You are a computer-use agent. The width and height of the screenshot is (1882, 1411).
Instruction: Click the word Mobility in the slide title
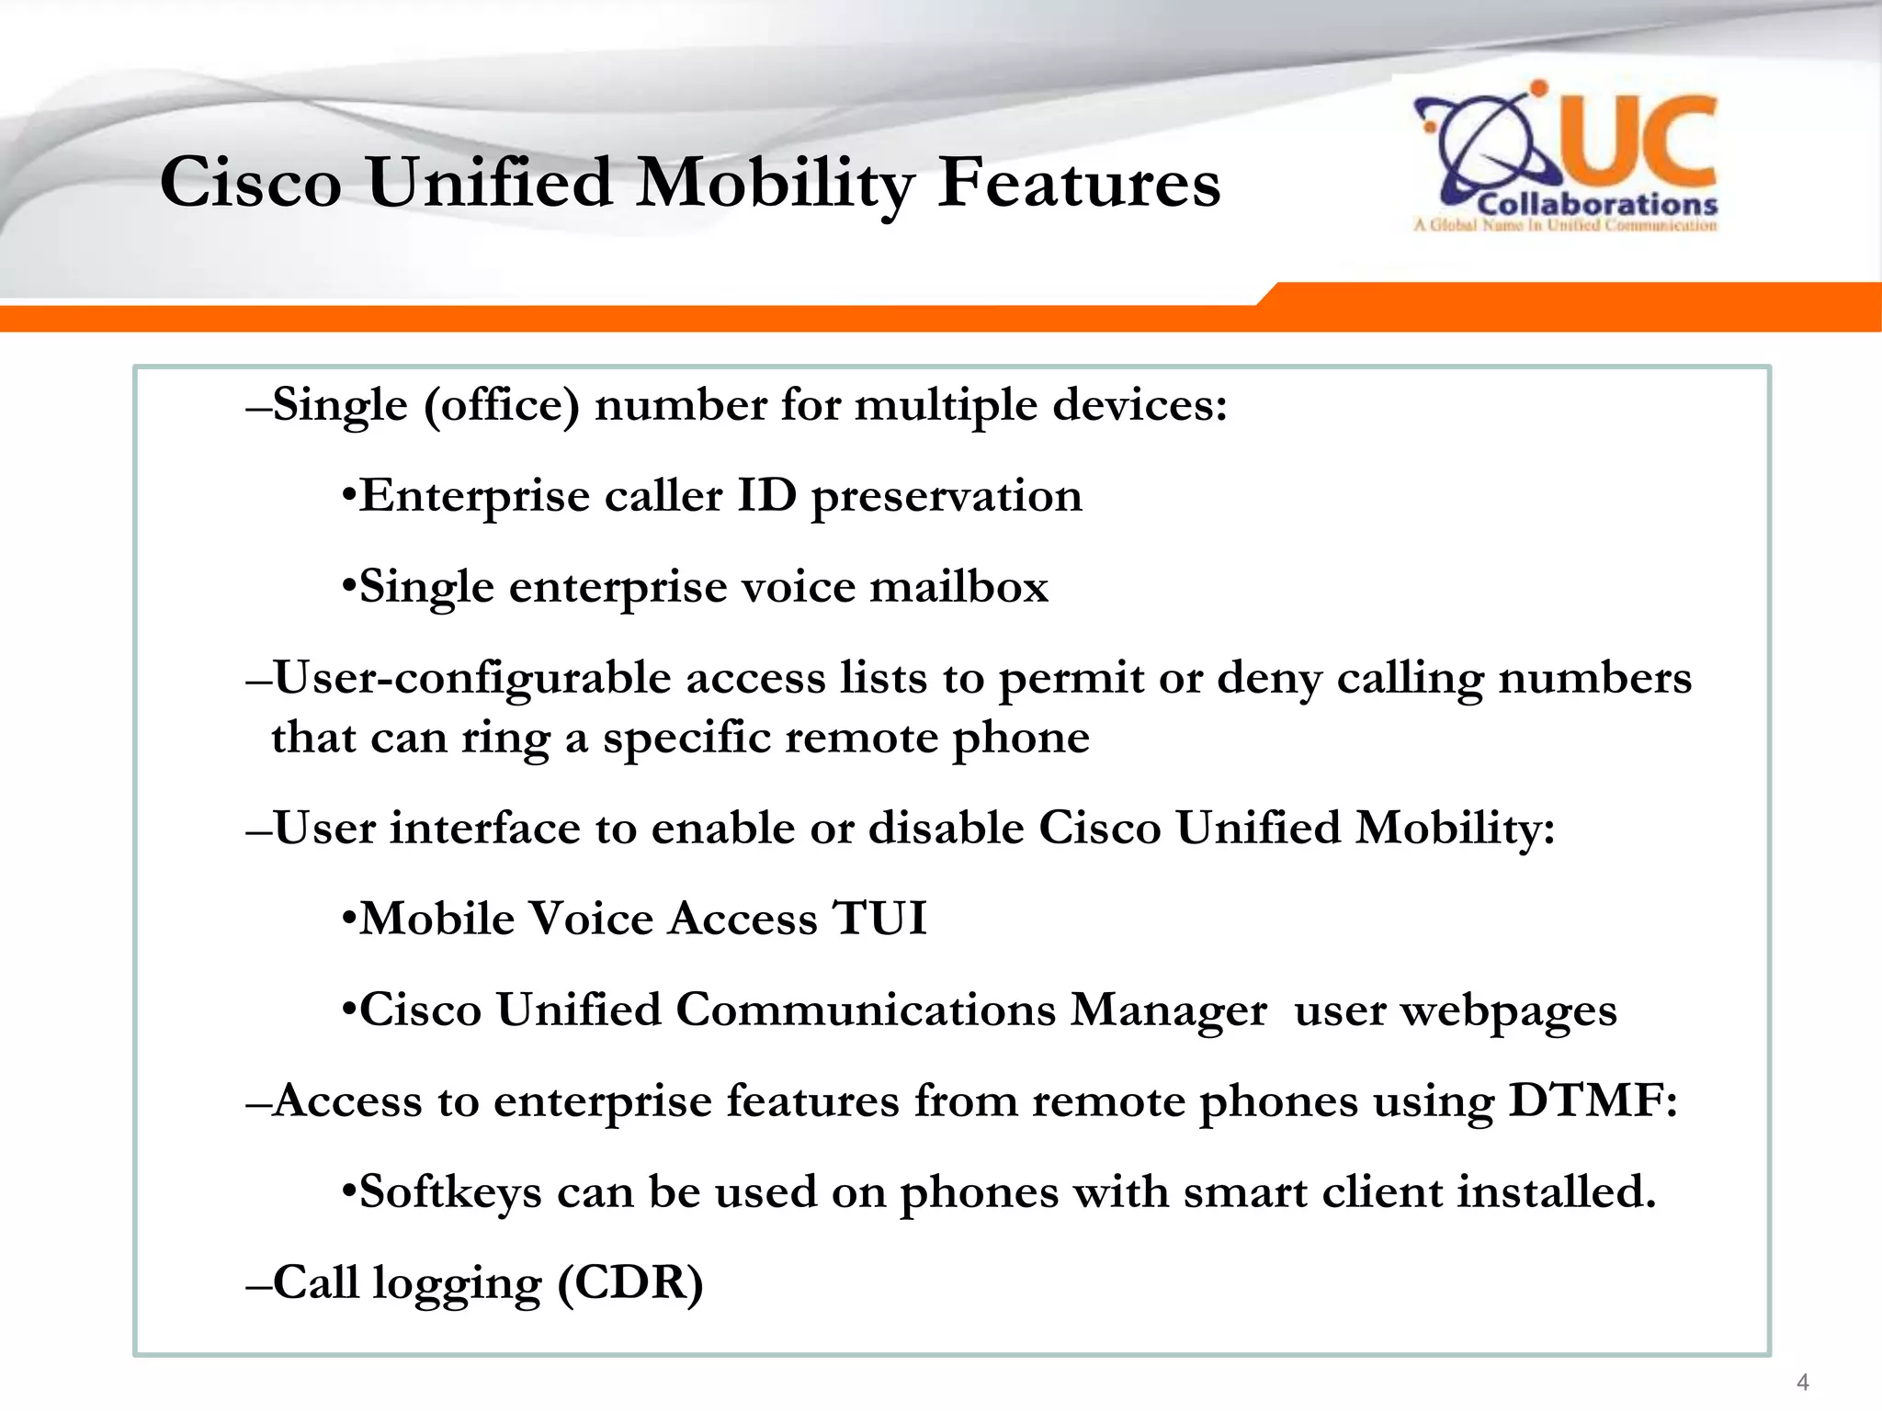coord(775,184)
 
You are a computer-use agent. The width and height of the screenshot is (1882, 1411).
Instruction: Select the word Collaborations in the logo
coord(1597,204)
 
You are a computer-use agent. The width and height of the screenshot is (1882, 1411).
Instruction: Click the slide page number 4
coord(1802,1383)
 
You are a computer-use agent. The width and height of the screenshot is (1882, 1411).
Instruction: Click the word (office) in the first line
coord(502,406)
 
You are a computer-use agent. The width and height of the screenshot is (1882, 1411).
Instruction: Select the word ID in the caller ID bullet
coord(766,496)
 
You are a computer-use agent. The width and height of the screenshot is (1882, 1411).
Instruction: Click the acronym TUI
coord(879,919)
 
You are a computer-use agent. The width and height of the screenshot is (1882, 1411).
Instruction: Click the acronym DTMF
coord(1593,1101)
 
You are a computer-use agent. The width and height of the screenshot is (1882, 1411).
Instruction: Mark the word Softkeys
coord(450,1191)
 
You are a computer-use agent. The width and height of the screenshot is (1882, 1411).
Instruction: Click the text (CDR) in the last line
coord(630,1282)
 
